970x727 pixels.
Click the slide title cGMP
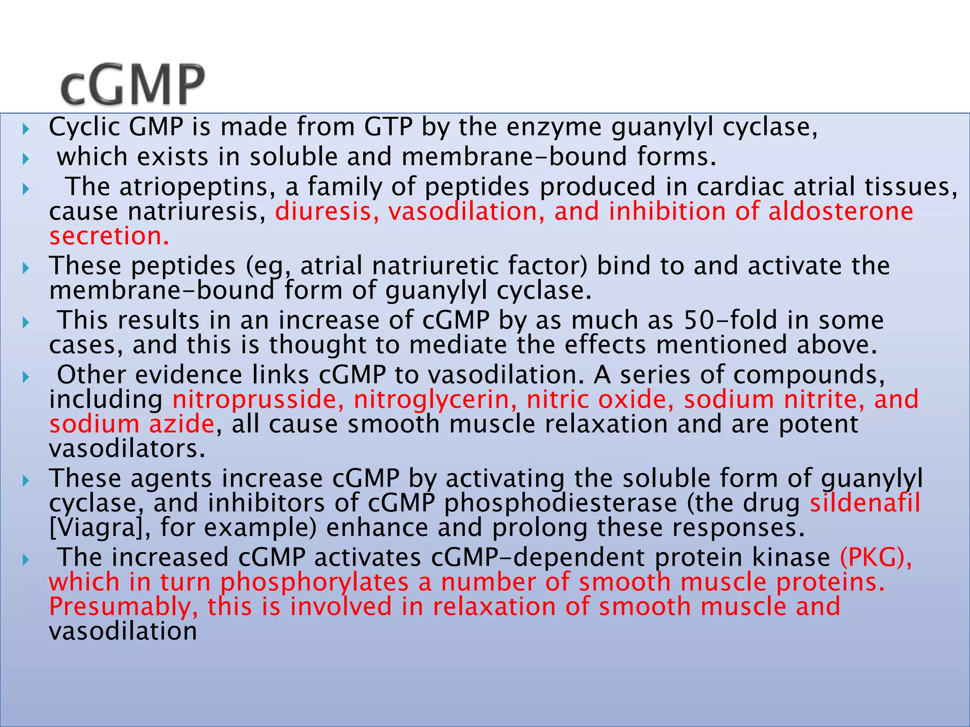tap(133, 85)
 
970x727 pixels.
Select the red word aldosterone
tap(840, 211)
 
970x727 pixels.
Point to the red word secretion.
tap(109, 236)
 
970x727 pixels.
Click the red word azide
tap(182, 424)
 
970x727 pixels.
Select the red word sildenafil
tap(865, 503)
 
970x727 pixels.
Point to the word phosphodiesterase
tap(560, 503)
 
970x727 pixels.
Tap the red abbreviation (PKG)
tap(875, 557)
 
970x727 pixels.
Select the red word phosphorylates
tap(314, 582)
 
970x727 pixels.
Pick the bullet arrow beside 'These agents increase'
tap(26, 481)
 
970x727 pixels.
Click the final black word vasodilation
tap(123, 631)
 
